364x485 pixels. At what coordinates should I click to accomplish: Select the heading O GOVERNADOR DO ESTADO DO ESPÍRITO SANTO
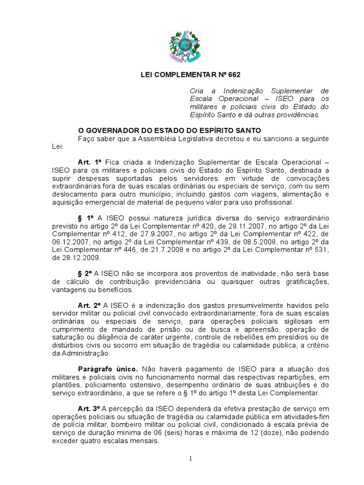(169, 130)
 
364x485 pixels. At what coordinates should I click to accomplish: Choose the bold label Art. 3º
(90, 408)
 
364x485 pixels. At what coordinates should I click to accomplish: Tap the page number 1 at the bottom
(190, 459)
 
